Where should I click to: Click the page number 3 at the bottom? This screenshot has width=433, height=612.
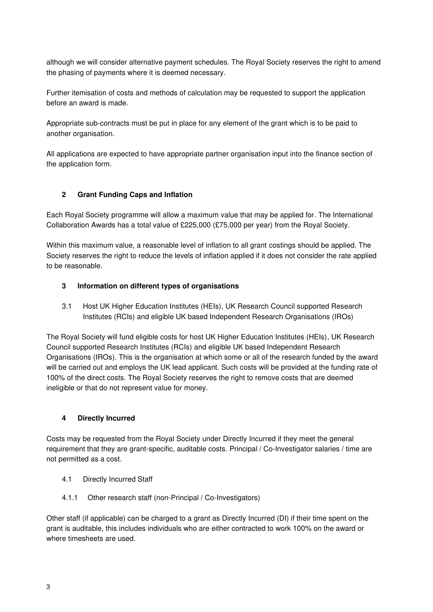click(48, 587)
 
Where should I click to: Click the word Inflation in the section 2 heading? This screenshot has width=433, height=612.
click(178, 195)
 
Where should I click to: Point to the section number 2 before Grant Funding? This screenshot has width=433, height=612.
click(64, 195)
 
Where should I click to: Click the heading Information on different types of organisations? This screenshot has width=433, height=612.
click(158, 286)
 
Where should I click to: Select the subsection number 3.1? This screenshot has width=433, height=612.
click(67, 307)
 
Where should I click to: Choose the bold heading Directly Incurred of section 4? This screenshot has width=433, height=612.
click(106, 418)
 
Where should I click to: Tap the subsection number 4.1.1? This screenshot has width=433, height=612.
click(69, 498)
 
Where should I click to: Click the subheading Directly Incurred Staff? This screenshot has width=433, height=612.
click(118, 479)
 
